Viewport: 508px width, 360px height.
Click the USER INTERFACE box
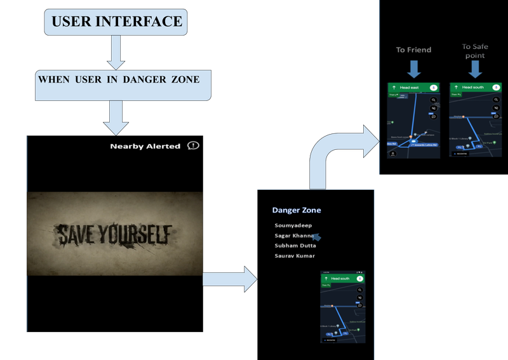[x=116, y=22]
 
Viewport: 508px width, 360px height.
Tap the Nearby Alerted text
[x=145, y=146]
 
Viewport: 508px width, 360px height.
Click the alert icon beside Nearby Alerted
[x=194, y=145]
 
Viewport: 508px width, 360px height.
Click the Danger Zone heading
[x=297, y=210]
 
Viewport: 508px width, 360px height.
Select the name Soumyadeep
[x=293, y=225]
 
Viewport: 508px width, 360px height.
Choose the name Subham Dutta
[x=295, y=246]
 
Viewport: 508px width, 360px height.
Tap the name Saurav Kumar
[x=294, y=256]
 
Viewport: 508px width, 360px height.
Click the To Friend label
[x=413, y=50]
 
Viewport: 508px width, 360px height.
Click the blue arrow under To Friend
[x=413, y=68]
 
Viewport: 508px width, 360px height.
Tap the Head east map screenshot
[x=413, y=121]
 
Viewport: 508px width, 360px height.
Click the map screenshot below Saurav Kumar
[x=344, y=308]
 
